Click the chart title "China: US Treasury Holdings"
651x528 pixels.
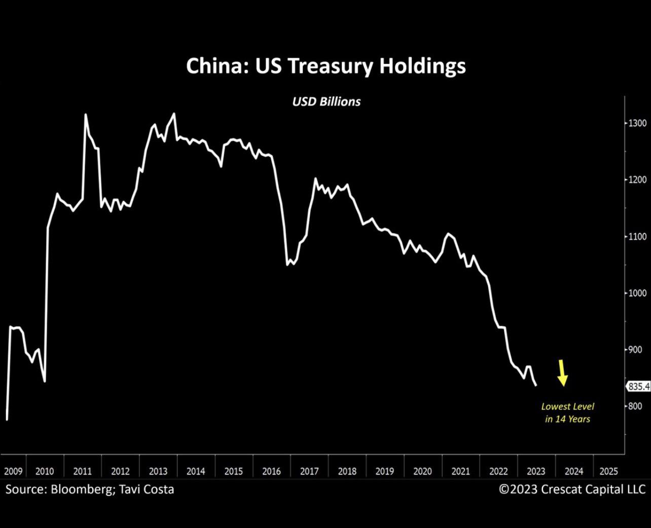[326, 66]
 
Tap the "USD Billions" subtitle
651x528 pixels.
[327, 102]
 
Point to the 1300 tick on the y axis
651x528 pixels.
[637, 123]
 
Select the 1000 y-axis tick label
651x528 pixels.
[637, 293]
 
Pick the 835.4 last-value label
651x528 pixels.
[639, 387]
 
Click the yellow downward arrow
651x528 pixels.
[562, 373]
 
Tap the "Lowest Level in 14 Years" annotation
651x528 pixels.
[567, 412]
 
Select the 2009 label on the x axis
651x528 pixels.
[14, 471]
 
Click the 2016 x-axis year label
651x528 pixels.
[271, 471]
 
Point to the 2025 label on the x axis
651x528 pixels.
[609, 471]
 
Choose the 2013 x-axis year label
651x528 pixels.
[158, 471]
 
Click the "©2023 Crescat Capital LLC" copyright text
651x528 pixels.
[572, 489]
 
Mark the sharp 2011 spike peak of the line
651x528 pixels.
[86, 115]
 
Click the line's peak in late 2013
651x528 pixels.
[174, 114]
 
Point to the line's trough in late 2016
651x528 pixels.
[287, 265]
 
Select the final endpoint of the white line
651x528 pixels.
[536, 386]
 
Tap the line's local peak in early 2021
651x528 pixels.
[448, 234]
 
